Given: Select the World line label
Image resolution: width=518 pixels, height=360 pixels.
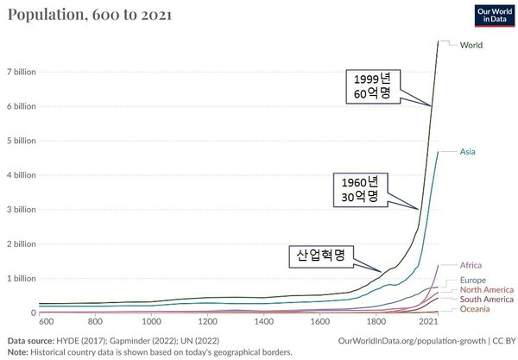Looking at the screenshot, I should (x=471, y=45).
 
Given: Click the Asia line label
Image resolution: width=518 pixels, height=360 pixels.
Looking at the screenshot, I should (x=468, y=152).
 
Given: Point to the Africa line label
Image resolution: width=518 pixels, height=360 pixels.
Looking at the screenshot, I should (x=471, y=265).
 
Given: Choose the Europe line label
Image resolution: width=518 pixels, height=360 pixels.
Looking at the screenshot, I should (x=473, y=281).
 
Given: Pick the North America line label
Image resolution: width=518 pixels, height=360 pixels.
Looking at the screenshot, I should (x=487, y=290).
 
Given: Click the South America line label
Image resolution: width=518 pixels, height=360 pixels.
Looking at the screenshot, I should (x=487, y=300).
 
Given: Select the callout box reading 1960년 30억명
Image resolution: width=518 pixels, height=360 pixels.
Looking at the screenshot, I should (x=359, y=189).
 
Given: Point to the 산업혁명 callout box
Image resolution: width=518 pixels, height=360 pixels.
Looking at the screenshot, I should (x=320, y=256).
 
